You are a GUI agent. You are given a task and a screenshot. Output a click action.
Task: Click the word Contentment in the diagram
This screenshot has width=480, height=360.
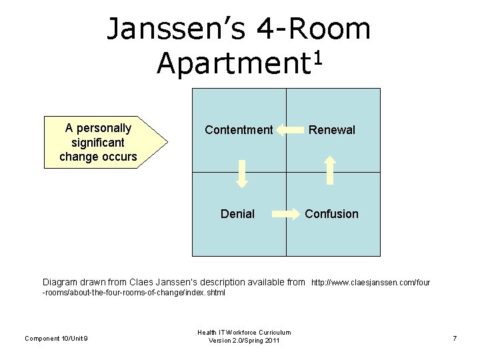[x=239, y=130]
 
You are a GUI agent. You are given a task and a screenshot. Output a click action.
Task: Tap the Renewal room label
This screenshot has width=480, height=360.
[x=331, y=130]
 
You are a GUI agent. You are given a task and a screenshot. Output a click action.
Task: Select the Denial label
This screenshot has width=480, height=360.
[x=237, y=214]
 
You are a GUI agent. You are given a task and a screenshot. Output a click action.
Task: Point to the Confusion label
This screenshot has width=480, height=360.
[x=331, y=214]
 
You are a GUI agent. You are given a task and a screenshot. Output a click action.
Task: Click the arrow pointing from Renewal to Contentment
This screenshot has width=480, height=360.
[x=290, y=130]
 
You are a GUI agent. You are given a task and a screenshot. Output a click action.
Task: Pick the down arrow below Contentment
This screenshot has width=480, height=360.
[x=243, y=173]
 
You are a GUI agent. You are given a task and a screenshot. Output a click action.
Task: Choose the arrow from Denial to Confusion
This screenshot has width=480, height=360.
[x=288, y=214]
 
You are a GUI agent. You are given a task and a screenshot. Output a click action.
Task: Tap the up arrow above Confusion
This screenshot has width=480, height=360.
[x=329, y=169]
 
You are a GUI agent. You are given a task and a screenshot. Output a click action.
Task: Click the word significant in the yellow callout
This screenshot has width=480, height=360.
[x=98, y=143]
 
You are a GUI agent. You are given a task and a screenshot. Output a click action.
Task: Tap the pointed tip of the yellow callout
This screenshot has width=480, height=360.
[x=167, y=142]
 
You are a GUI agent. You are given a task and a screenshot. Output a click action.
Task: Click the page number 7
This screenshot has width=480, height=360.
[x=455, y=339]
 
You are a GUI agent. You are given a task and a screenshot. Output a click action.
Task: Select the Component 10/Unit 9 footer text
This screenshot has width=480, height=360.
[x=57, y=339]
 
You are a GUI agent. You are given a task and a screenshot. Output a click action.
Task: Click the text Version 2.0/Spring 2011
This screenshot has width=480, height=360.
[x=244, y=341]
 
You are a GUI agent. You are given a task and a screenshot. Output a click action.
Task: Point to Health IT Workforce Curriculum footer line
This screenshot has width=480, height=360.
[x=244, y=332]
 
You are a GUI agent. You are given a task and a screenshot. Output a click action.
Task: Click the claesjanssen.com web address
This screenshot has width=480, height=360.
[x=371, y=283]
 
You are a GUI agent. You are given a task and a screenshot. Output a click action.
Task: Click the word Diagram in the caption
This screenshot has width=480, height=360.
[x=65, y=282]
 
